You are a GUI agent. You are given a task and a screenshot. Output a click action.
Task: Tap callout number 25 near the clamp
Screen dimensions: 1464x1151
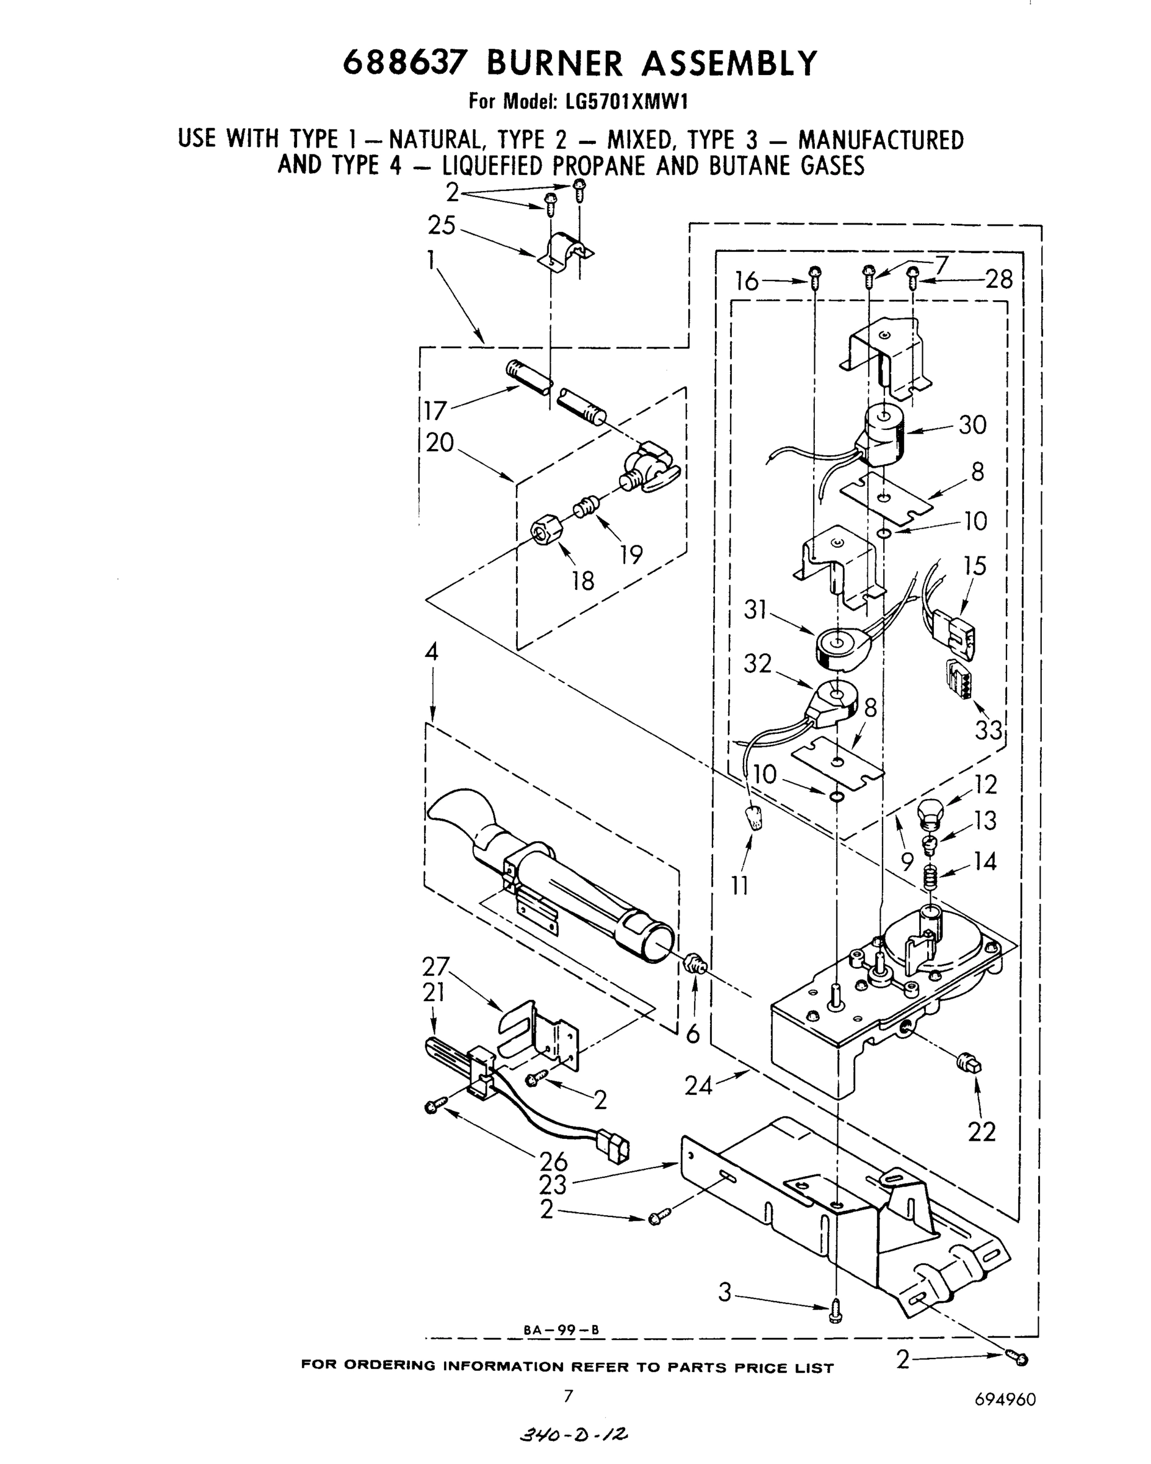pyautogui.click(x=442, y=226)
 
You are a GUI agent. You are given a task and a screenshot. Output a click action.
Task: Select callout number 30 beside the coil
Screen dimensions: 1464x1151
pyautogui.click(x=972, y=425)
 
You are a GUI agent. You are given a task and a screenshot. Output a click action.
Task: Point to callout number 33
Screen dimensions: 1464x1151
pyautogui.click(x=989, y=730)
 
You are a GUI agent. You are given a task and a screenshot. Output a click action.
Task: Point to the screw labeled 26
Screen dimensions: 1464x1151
pyautogui.click(x=434, y=1105)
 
